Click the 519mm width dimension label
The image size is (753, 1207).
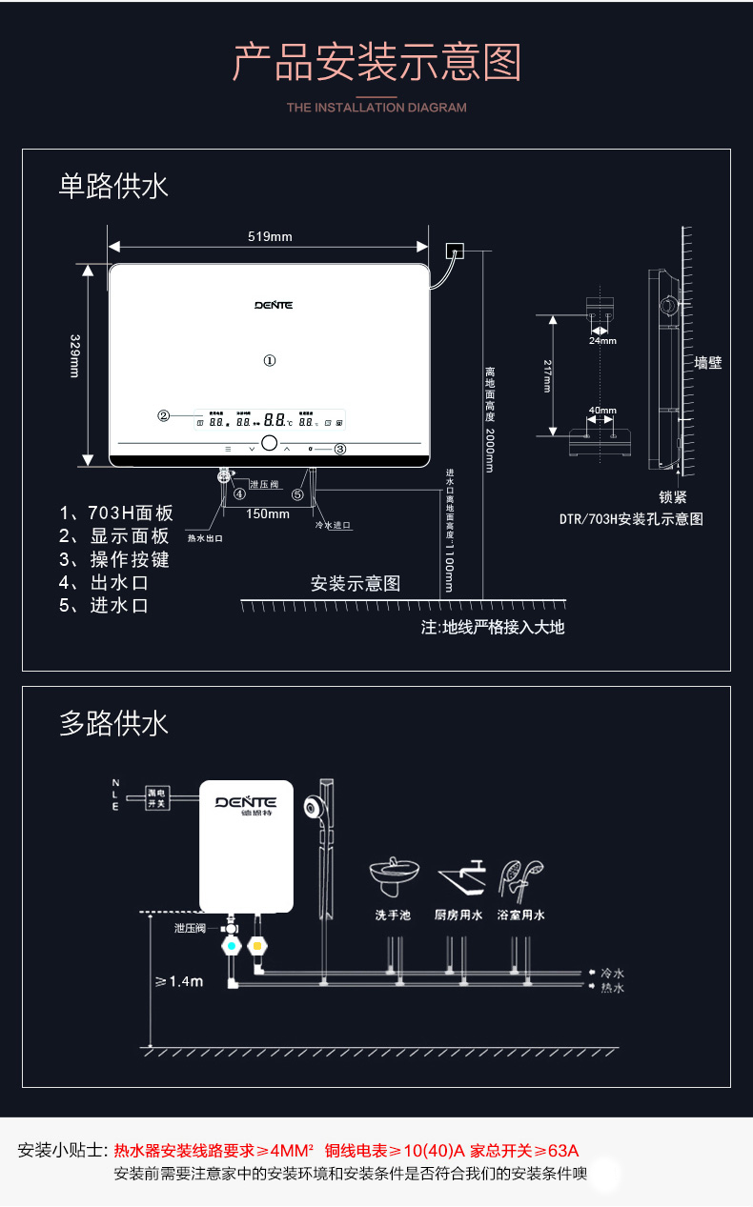(x=270, y=236)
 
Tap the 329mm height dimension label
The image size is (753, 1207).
(x=75, y=355)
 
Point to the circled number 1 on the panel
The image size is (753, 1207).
(x=270, y=361)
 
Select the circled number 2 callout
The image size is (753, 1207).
(x=164, y=415)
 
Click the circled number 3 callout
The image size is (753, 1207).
(x=339, y=449)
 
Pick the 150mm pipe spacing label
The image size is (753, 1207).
(x=267, y=514)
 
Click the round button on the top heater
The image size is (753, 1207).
(x=270, y=445)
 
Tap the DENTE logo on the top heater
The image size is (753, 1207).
(x=274, y=306)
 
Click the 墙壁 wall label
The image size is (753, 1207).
(x=708, y=363)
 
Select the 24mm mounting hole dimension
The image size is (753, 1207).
(x=602, y=340)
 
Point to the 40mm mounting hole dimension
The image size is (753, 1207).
(x=602, y=411)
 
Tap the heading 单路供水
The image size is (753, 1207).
(x=113, y=186)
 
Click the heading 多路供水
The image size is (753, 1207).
(x=113, y=723)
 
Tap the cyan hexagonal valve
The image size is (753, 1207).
(x=231, y=947)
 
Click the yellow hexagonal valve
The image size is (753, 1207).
(x=255, y=947)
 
